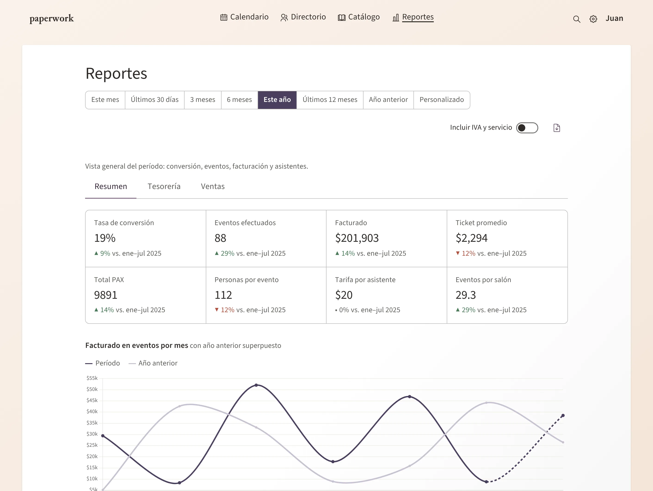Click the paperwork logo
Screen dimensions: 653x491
pyautogui.click(x=52, y=19)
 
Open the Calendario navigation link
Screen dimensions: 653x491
pyautogui.click(x=244, y=17)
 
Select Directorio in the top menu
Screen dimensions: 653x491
pyautogui.click(x=303, y=17)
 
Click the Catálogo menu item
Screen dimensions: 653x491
pyautogui.click(x=359, y=17)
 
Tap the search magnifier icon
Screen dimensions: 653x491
pyautogui.click(x=576, y=19)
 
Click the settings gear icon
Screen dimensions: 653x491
pyautogui.click(x=593, y=19)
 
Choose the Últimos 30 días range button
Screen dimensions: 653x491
pyautogui.click(x=155, y=100)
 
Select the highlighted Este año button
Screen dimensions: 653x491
pyautogui.click(x=277, y=100)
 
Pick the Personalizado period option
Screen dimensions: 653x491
pyautogui.click(x=442, y=100)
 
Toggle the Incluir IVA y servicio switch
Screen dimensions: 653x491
pyautogui.click(x=527, y=128)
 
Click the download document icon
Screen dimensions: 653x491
pyautogui.click(x=557, y=128)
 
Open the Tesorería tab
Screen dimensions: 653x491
pyautogui.click(x=164, y=186)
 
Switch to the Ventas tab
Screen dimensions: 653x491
pyautogui.click(x=213, y=186)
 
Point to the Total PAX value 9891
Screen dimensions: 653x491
pyautogui.click(x=106, y=295)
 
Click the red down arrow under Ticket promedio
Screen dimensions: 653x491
pyautogui.click(x=458, y=253)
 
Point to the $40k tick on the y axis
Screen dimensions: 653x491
pyautogui.click(x=92, y=412)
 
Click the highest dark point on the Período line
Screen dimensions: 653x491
pyautogui.click(x=256, y=385)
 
